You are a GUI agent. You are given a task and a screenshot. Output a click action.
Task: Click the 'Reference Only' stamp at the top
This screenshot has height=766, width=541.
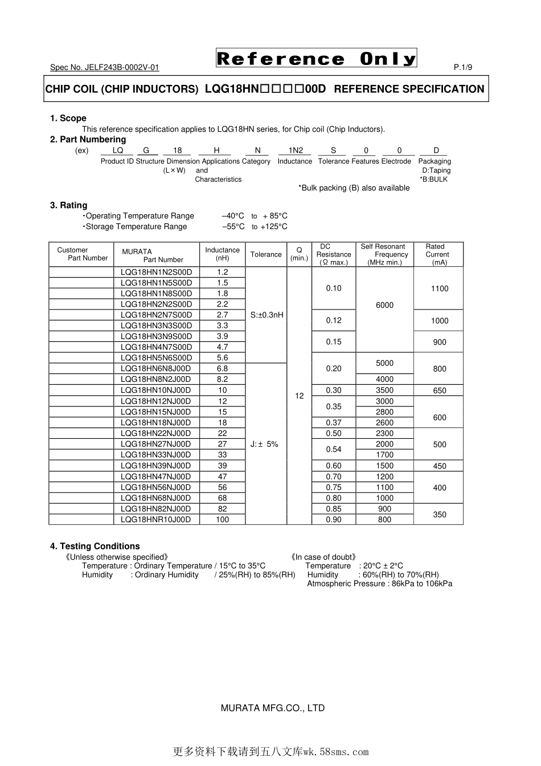(x=316, y=58)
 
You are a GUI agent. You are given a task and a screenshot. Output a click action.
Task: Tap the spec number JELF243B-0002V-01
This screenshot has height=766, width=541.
(x=105, y=67)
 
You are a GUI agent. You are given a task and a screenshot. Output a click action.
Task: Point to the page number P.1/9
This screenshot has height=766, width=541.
(x=463, y=67)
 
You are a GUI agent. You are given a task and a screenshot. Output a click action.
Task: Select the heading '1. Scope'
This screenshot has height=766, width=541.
(x=68, y=118)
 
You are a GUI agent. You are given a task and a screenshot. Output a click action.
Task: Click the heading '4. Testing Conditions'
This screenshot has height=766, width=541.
(x=95, y=546)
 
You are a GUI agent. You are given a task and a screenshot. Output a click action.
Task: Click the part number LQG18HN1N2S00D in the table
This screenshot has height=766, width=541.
(x=157, y=272)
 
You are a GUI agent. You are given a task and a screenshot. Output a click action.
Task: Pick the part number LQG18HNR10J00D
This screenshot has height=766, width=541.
(x=157, y=519)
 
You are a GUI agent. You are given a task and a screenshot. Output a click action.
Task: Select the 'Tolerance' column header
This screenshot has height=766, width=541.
(x=266, y=254)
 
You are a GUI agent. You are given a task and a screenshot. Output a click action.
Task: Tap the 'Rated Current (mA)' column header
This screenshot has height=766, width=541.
(x=438, y=254)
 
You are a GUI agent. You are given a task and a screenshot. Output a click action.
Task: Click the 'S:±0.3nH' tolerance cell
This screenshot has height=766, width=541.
(x=267, y=315)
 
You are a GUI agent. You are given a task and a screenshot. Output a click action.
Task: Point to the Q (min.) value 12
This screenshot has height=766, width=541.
(x=300, y=395)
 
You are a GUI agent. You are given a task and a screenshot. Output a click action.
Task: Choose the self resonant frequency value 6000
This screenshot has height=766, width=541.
(x=384, y=305)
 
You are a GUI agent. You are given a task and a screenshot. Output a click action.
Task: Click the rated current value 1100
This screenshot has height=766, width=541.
(x=440, y=288)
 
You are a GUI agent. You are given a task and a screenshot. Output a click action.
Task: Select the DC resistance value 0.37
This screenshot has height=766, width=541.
(x=334, y=422)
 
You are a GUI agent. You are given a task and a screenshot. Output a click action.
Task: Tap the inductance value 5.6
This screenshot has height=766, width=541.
(x=222, y=357)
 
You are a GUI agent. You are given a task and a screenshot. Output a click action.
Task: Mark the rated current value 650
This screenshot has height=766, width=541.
(x=440, y=390)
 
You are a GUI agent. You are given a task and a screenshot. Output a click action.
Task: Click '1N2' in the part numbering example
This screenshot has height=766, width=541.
(x=296, y=150)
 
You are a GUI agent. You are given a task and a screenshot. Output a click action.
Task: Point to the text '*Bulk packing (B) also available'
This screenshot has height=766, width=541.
(x=354, y=188)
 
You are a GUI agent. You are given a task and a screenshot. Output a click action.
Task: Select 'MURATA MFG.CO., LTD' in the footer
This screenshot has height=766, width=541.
(x=272, y=708)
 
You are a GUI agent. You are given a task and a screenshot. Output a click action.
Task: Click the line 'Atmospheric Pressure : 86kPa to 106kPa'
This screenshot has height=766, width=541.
(x=379, y=583)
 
